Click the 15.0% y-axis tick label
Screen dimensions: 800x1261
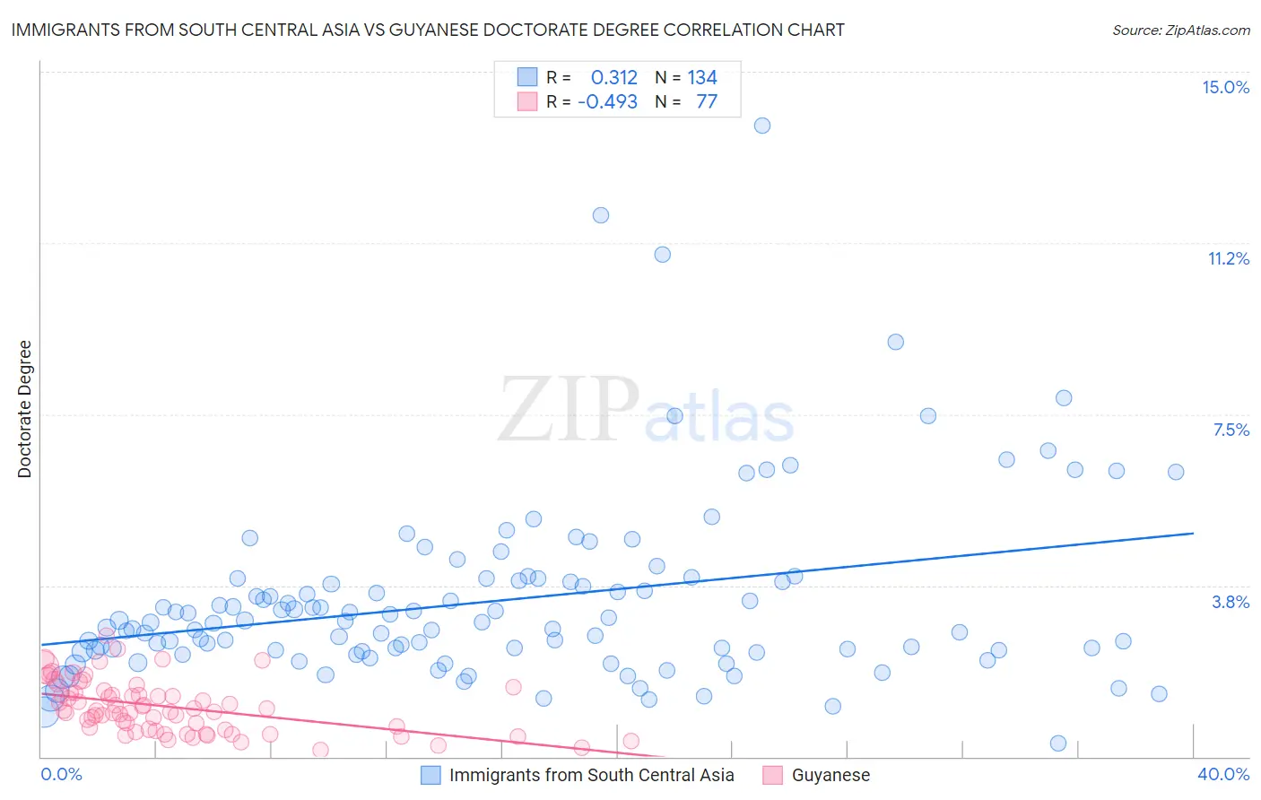tap(1225, 87)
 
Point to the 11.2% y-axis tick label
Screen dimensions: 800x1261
tap(1228, 258)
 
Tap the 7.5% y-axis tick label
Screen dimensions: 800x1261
tap(1231, 430)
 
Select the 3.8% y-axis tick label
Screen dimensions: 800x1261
tap(1231, 602)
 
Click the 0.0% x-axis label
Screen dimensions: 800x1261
tap(61, 774)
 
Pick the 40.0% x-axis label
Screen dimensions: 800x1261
tap(1222, 774)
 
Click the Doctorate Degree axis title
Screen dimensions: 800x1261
tap(24, 409)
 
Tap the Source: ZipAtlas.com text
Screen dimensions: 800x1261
tap(1180, 30)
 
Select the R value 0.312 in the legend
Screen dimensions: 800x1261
tap(613, 78)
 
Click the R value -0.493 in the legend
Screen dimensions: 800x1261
tap(607, 101)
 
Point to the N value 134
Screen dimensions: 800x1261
tap(702, 78)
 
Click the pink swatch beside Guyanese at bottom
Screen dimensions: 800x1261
tap(772, 775)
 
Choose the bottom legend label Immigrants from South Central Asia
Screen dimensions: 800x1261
tap(591, 775)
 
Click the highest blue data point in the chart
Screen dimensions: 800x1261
tap(762, 126)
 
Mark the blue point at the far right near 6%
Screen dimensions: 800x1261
tap(1176, 472)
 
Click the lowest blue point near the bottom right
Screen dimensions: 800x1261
tap(1058, 743)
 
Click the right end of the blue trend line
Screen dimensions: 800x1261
tap(1193, 533)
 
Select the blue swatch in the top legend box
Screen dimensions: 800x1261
tap(527, 78)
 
